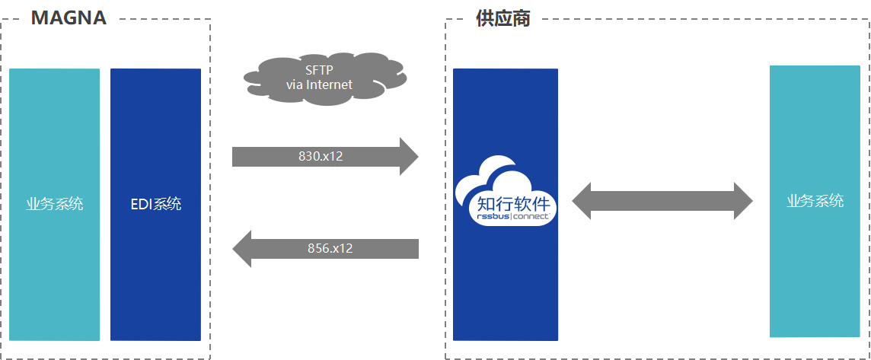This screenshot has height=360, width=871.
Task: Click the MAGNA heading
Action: (x=69, y=18)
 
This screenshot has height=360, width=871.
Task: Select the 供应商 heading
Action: (x=503, y=18)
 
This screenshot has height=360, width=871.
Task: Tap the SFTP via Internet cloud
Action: (x=325, y=78)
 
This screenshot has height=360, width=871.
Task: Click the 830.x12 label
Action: (x=321, y=157)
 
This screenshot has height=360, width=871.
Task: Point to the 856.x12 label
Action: (x=330, y=248)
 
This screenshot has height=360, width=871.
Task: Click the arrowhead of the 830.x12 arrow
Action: (x=410, y=157)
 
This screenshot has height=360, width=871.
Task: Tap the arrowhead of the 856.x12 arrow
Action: (x=241, y=248)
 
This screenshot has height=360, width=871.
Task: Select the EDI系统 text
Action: (x=155, y=204)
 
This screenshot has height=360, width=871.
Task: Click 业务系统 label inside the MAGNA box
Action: (x=55, y=204)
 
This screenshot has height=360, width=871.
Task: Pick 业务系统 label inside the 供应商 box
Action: (x=815, y=201)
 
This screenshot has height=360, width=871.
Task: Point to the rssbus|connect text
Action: (x=509, y=216)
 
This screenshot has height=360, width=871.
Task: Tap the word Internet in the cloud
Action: (x=330, y=85)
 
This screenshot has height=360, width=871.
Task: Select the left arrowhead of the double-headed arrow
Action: (x=582, y=201)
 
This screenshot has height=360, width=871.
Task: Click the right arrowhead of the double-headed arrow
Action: (x=743, y=201)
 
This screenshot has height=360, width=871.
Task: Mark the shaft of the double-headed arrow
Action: (x=662, y=201)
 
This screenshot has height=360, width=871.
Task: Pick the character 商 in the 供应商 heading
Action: (x=522, y=18)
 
